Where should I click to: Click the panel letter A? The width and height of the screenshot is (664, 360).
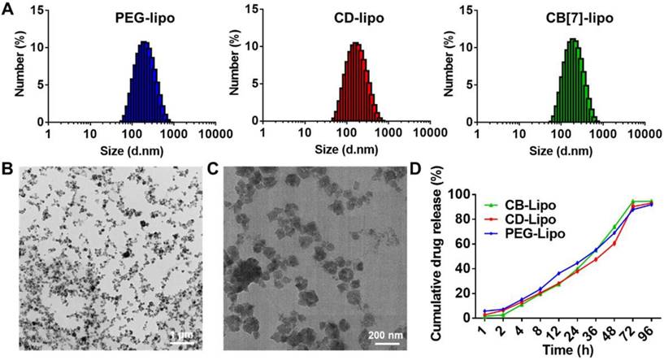pos(7,9)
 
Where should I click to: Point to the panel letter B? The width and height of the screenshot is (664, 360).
pos(7,171)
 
